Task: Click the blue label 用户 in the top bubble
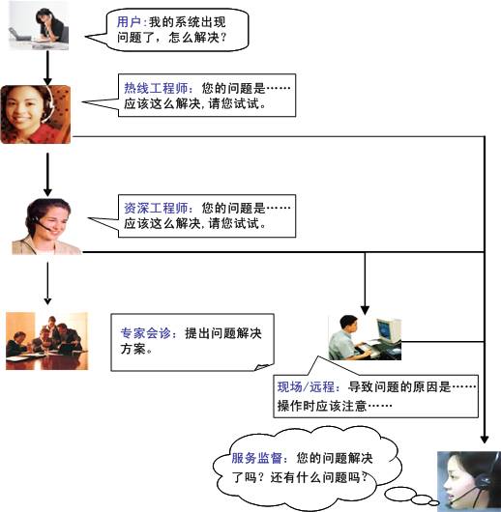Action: coord(129,22)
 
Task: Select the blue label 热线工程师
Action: coord(156,88)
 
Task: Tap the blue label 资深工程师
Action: coord(156,208)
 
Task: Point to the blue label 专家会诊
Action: coord(146,333)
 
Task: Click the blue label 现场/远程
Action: coord(306,387)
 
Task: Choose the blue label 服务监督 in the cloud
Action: coord(256,458)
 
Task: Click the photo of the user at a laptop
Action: coord(39,25)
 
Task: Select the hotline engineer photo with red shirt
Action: coord(36,114)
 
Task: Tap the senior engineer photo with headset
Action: coord(46,226)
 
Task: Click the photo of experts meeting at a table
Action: coord(46,341)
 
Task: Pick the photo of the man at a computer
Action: coord(365,338)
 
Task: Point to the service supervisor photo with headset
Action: coord(469,482)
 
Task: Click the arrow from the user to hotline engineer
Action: coord(47,68)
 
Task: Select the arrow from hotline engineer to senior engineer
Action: coord(47,175)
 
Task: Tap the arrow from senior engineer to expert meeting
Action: coord(47,283)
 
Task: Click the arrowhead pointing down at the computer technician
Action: coord(365,310)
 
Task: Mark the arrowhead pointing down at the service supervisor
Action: coord(485,439)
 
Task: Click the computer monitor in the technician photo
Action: coord(388,329)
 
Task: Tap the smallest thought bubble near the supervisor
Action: coord(433,502)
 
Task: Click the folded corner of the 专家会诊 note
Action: coord(264,367)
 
